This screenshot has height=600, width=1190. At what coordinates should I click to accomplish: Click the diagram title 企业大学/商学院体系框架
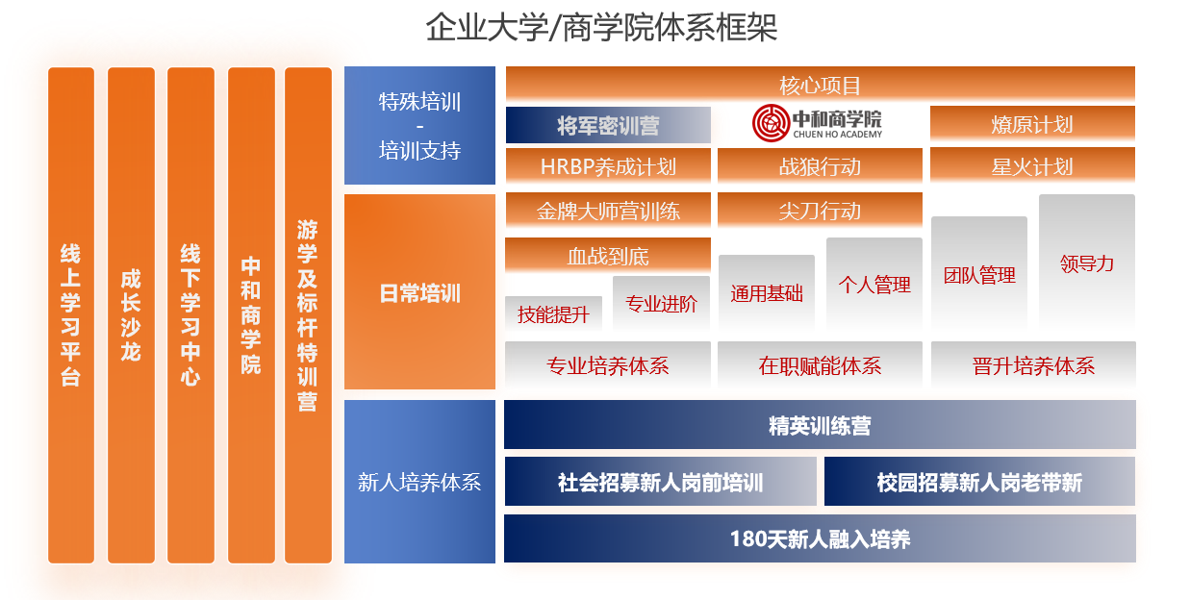tap(601, 27)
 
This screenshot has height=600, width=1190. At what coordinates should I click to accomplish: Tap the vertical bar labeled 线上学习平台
tap(71, 314)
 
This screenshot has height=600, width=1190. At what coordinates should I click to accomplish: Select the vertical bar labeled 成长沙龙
tap(131, 314)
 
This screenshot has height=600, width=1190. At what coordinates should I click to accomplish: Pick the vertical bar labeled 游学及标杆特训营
tap(308, 314)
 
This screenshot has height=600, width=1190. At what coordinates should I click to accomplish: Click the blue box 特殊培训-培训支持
tap(419, 125)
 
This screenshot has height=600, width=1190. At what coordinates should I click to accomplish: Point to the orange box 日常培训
tap(419, 292)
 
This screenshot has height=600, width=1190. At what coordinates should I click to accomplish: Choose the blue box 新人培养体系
tap(419, 482)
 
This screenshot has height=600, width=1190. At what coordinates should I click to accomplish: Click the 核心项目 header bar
tap(821, 85)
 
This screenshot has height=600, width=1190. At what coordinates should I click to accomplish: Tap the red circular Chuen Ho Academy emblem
tap(771, 123)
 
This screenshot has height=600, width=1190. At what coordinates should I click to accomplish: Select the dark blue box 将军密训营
tap(608, 125)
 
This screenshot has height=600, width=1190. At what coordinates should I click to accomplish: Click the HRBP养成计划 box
tap(608, 166)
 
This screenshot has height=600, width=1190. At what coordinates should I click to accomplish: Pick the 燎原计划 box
tap(1032, 124)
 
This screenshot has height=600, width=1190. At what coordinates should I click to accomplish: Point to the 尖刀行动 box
tap(820, 211)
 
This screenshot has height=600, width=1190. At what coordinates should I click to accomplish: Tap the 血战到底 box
tap(608, 256)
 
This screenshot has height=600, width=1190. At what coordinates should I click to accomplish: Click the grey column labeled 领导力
tap(1087, 262)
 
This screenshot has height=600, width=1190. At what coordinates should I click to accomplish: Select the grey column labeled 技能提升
tap(553, 314)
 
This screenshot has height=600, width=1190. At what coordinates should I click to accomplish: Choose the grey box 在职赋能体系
tap(820, 365)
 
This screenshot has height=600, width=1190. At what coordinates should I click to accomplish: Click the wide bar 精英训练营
tap(820, 425)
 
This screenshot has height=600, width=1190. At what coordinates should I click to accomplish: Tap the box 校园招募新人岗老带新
tap(979, 482)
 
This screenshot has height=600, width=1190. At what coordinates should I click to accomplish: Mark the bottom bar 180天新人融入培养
tap(820, 538)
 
